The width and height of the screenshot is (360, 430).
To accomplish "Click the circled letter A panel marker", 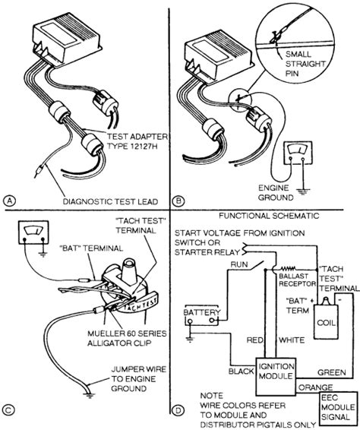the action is pos(9,201).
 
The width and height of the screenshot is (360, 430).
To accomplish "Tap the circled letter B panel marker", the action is pos(178,201).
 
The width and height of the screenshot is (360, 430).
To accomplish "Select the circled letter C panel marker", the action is pos(8,410).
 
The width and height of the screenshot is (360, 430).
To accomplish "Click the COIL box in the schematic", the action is pos(326,321).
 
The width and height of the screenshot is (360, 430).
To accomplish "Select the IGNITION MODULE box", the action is pos(276,376).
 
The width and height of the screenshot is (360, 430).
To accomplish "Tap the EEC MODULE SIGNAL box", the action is pos(339,407).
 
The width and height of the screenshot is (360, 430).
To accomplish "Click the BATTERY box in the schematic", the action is pos(201,315).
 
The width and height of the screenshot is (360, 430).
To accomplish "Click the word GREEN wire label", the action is pos(331,372).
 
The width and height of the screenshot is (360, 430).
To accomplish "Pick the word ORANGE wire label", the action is pos(315,387).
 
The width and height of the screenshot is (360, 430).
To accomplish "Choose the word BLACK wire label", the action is pos(242,372).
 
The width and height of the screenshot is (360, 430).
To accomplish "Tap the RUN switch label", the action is pos(239,264).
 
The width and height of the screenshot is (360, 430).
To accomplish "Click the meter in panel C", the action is pos(33,232).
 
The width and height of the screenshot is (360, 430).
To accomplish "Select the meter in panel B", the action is pos(298,153).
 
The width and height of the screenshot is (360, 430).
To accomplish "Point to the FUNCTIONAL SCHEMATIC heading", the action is pos(269,216).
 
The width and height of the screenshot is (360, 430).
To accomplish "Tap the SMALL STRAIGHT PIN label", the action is pos(305,64).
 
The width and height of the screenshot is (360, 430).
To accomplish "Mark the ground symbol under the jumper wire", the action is pos(89,396).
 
